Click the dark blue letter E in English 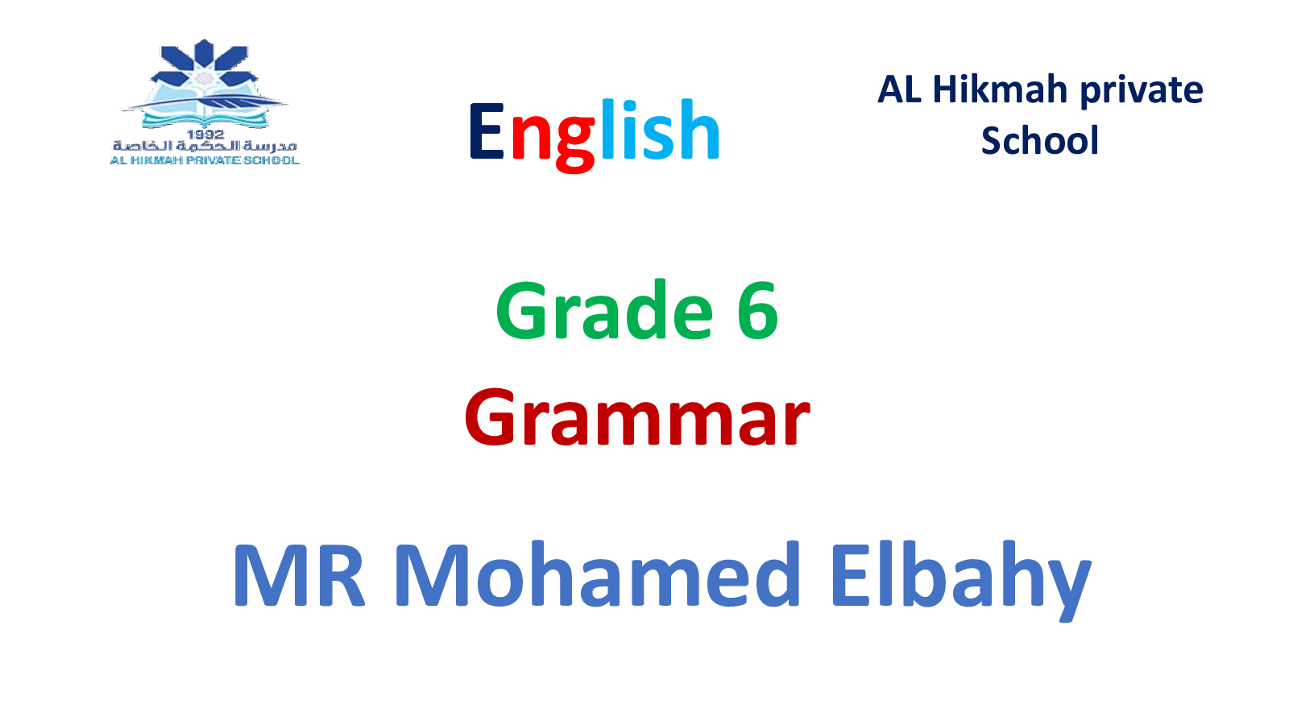[487, 130]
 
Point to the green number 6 [757, 311]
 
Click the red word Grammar [637, 417]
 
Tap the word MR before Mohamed [299, 575]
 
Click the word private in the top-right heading [1142, 92]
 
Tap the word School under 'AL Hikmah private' [1040, 140]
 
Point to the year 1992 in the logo [205, 134]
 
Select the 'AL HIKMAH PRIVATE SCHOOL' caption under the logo [205, 160]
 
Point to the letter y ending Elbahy [1068, 589]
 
